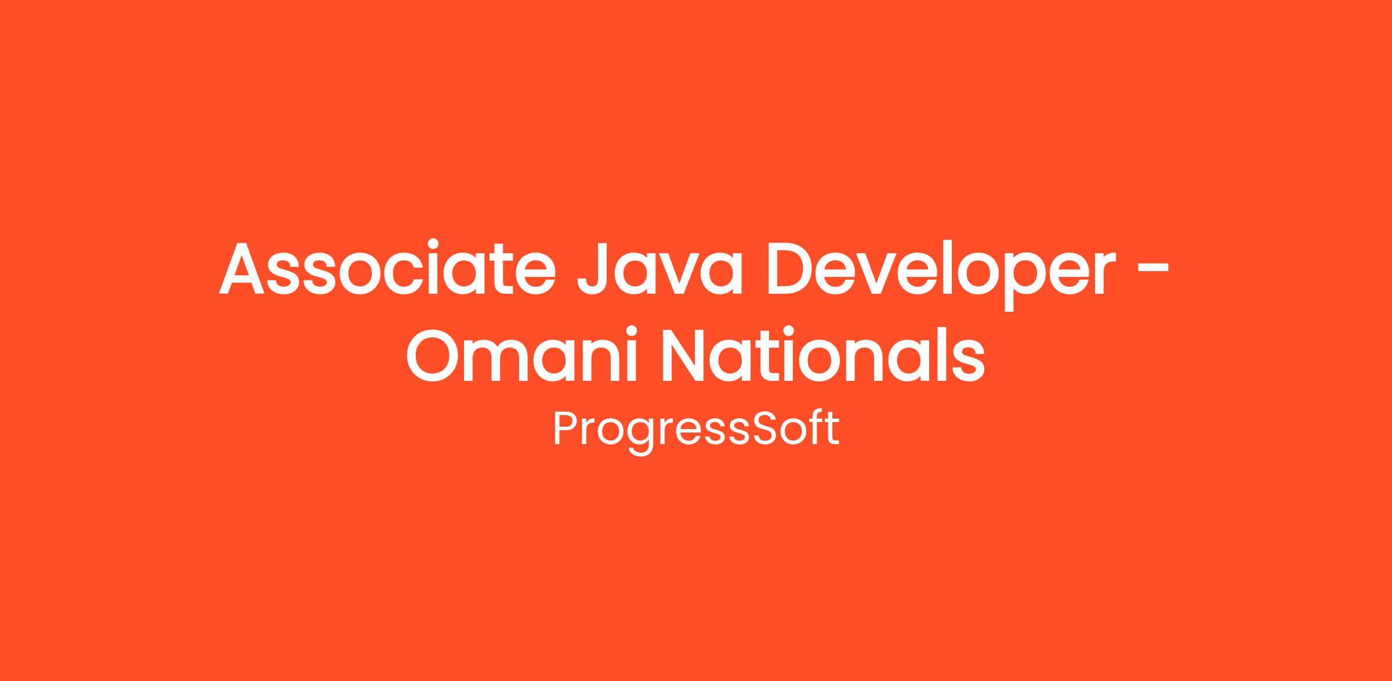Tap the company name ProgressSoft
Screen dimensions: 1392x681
coord(697,429)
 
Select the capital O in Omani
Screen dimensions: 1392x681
coord(433,356)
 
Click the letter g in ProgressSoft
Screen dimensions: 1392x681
coord(639,438)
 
